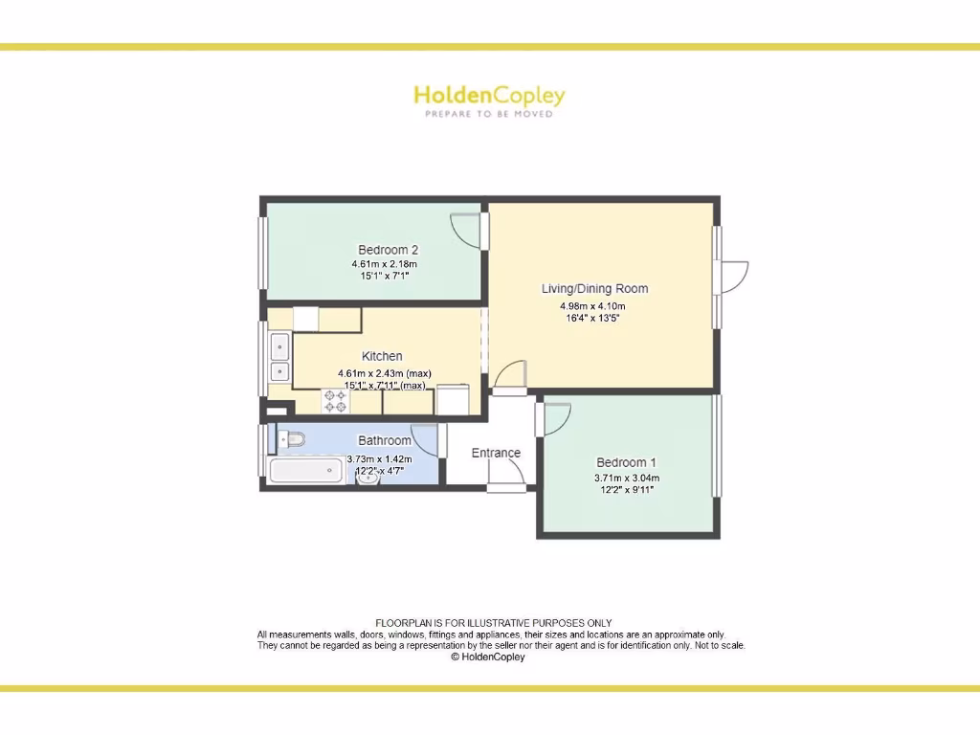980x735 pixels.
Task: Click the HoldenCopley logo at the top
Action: (x=489, y=96)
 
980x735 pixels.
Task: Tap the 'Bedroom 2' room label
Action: (x=388, y=250)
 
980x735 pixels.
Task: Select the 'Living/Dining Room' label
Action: (x=594, y=288)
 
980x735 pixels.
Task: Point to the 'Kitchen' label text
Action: (x=382, y=356)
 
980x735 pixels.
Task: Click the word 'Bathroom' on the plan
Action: (x=385, y=441)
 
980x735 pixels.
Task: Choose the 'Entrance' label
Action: (x=496, y=453)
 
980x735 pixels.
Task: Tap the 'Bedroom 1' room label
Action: (x=626, y=462)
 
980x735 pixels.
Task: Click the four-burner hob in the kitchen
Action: (x=335, y=401)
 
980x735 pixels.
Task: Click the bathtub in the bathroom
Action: (x=306, y=471)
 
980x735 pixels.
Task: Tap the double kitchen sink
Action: (x=279, y=357)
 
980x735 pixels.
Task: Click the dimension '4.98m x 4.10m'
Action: (x=592, y=306)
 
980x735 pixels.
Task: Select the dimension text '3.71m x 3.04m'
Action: (x=626, y=478)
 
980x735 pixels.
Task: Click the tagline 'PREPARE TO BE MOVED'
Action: (x=489, y=114)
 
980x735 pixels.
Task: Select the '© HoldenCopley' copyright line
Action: (x=488, y=657)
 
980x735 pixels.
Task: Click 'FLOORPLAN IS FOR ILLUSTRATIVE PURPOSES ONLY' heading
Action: (x=493, y=623)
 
